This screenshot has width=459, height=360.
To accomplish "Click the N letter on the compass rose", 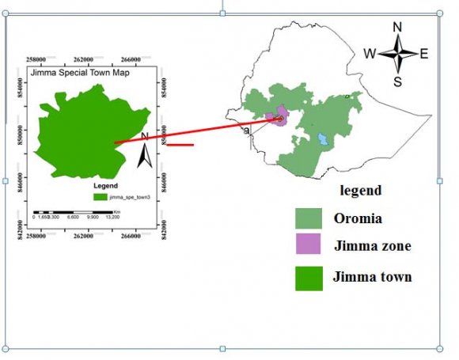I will pyautogui.click(x=397, y=27).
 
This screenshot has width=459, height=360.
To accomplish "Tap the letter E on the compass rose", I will pyautogui.click(x=424, y=54).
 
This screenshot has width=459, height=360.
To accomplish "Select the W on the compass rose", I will pyautogui.click(x=370, y=54).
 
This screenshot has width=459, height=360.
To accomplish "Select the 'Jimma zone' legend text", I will pyautogui.click(x=373, y=246).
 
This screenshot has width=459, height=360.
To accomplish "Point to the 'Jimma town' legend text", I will pyautogui.click(x=373, y=277).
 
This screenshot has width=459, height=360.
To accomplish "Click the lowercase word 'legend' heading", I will pyautogui.click(x=361, y=191).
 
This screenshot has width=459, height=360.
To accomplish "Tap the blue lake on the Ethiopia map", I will pyautogui.click(x=323, y=140).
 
